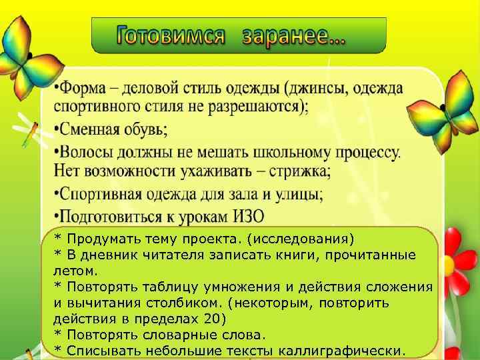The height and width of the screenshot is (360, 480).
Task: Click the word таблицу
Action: (161, 287)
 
